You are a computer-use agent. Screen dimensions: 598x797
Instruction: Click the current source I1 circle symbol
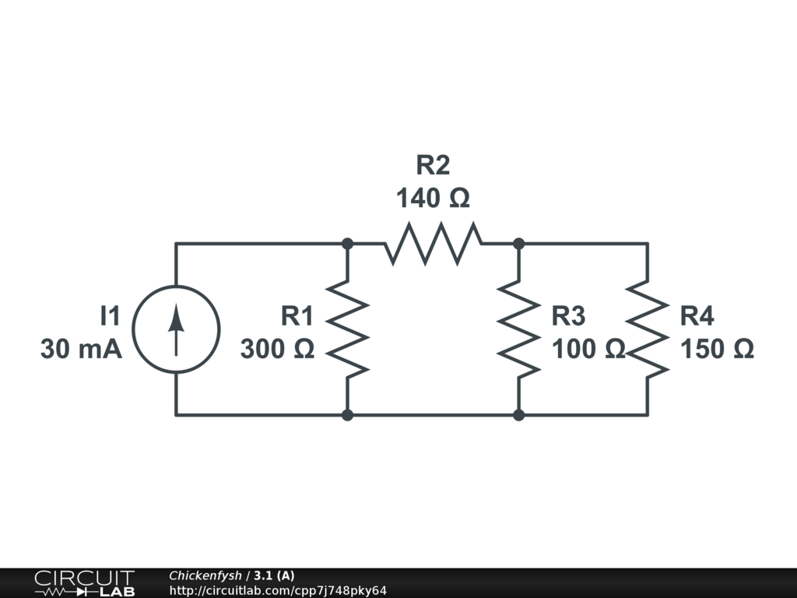177,329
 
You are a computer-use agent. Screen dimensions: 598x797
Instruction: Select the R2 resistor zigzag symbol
433,244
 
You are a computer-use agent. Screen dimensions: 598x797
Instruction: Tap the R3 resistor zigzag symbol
519,329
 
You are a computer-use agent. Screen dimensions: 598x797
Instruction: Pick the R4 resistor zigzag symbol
648,329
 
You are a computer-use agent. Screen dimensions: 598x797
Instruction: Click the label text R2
433,166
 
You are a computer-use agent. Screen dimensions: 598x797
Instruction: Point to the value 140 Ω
433,199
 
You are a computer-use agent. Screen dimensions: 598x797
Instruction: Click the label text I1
111,316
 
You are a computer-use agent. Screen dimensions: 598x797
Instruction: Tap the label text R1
297,316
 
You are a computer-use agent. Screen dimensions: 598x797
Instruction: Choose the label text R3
568,316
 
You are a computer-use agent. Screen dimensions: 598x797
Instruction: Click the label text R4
697,316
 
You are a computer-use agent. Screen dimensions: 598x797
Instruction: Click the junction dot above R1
348,244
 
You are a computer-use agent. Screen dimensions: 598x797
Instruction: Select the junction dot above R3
519,244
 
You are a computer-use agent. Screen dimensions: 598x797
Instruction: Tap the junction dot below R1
348,415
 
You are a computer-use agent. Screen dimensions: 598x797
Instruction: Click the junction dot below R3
519,415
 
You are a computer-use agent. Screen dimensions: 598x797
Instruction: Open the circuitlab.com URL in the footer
278,591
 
